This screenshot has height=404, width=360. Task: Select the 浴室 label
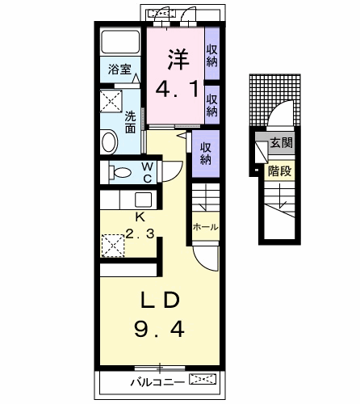coord(120,70)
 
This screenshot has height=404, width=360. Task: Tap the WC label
coord(149,172)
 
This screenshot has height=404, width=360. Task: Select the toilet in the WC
coord(120,172)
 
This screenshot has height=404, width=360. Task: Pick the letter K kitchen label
coord(139,217)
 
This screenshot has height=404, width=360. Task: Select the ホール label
coord(205,228)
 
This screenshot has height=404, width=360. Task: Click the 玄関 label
coord(281,144)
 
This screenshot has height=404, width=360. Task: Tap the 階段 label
coord(280,170)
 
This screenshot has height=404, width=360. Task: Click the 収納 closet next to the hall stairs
coord(206,153)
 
